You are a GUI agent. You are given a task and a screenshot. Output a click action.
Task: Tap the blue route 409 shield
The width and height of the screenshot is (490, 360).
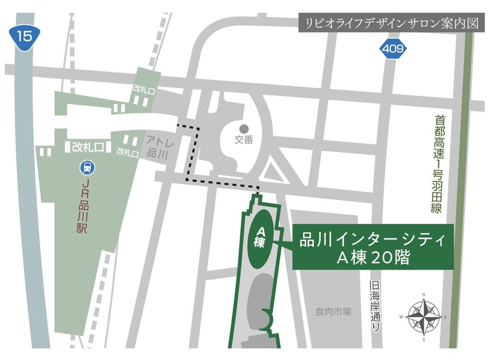[394, 49]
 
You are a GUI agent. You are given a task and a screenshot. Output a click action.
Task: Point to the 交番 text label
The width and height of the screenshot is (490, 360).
[244, 140]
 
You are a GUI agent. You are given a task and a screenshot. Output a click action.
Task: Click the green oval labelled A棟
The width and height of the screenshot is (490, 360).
[260, 238]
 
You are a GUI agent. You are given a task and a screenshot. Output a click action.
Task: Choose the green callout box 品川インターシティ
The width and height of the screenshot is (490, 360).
[373, 247]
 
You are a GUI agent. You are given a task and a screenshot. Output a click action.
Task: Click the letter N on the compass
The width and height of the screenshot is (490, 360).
[424, 295]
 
